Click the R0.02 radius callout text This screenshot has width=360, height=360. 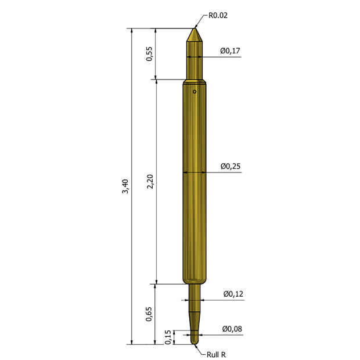click(218, 15)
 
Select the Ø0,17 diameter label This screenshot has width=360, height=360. click(231, 51)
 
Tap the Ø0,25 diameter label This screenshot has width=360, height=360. click(231, 166)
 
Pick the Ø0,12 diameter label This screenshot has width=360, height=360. click(233, 294)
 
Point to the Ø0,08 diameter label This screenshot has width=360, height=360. click(232, 329)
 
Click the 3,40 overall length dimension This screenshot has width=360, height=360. click(125, 186)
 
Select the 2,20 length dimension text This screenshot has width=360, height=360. click(150, 181)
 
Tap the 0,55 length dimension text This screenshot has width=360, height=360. click(149, 54)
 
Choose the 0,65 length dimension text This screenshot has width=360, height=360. click(149, 314)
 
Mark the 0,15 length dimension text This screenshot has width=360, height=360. click(168, 337)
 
